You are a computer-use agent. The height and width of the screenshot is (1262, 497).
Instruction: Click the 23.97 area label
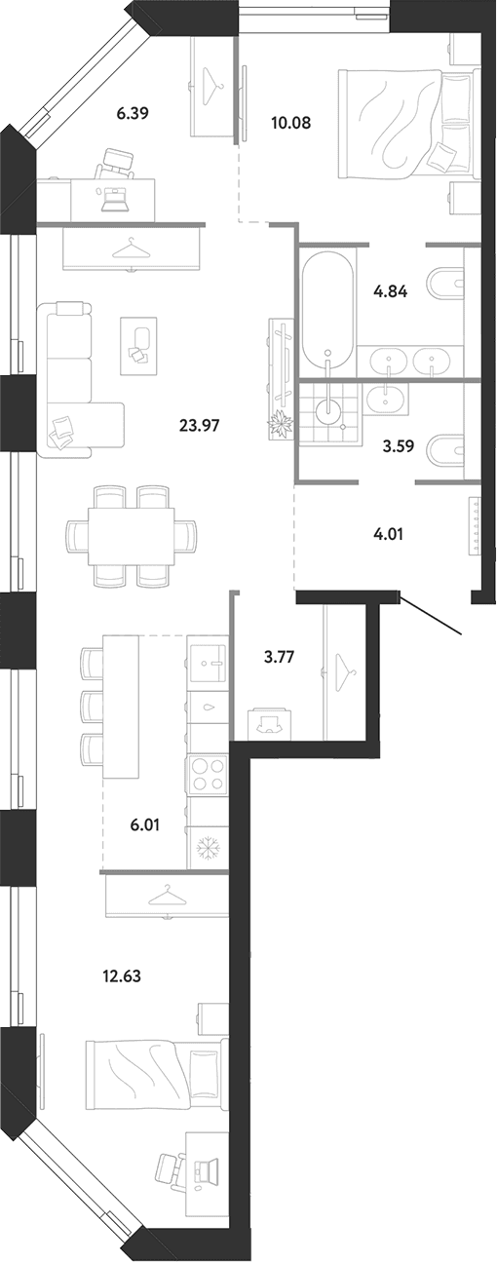[199, 425]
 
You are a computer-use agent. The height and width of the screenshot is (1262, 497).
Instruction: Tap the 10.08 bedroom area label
[290, 122]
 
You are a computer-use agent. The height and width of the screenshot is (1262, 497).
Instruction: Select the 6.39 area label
[132, 113]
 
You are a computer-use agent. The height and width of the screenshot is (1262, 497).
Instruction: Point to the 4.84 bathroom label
[391, 291]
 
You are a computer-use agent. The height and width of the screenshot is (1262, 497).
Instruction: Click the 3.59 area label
[399, 446]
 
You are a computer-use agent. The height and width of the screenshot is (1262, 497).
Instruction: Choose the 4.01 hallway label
[388, 533]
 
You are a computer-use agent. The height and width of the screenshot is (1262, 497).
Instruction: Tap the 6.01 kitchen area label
[145, 824]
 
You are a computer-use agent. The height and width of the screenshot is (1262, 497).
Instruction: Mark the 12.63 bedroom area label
[122, 975]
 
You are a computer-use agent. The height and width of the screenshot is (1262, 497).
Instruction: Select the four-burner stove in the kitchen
[208, 775]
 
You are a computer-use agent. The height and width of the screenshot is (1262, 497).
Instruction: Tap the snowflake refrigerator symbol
[208, 846]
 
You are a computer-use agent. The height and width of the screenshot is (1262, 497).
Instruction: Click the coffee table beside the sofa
[138, 345]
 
